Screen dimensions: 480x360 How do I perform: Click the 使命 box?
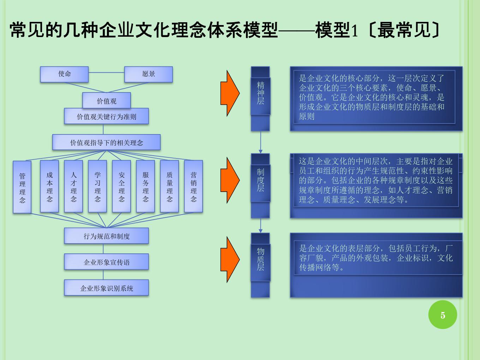click(64, 74)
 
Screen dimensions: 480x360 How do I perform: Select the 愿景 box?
click(149, 74)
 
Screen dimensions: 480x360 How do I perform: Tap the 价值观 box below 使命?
click(107, 100)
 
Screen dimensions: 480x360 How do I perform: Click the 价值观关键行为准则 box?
click(106, 116)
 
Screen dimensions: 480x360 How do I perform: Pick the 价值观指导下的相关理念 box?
click(106, 142)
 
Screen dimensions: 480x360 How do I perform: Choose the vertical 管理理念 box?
click(22, 187)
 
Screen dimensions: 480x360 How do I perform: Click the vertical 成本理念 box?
click(49, 186)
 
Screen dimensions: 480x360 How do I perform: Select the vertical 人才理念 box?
click(73, 186)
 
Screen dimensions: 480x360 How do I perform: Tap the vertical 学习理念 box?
click(97, 186)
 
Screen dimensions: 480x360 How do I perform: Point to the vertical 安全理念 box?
click(121, 186)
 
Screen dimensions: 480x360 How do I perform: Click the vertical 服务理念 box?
click(145, 186)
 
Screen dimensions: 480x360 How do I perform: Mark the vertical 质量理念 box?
click(169, 186)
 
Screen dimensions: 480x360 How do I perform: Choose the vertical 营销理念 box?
click(193, 186)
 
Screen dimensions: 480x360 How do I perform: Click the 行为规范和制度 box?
click(106, 236)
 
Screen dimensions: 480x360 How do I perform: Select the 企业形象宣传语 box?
click(106, 262)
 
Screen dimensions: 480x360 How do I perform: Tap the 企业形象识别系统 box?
click(106, 288)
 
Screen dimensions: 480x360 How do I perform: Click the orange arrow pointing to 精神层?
click(230, 93)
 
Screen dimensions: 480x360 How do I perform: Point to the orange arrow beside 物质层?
click(230, 260)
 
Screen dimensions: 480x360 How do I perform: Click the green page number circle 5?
click(443, 315)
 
